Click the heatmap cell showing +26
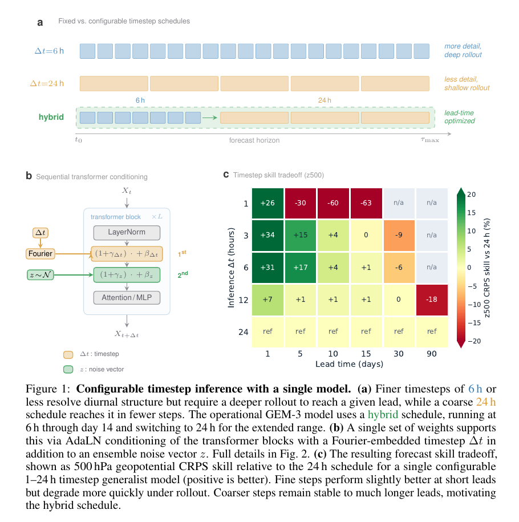(x=267, y=203)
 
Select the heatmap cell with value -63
(x=366, y=203)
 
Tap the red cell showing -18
(x=431, y=300)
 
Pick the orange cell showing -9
(x=399, y=235)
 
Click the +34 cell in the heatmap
(x=267, y=235)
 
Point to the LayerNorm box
(x=127, y=232)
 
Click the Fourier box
(x=40, y=254)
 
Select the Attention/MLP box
(x=127, y=298)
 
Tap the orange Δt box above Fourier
(x=40, y=232)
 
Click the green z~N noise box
(x=40, y=275)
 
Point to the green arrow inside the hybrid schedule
(x=210, y=118)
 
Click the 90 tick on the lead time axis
(x=431, y=354)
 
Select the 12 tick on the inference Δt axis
(x=244, y=300)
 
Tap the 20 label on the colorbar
(x=472, y=195)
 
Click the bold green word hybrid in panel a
(x=51, y=117)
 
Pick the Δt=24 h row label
(x=47, y=83)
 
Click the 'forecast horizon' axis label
(x=254, y=140)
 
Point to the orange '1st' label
(x=182, y=254)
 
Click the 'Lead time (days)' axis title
(x=349, y=364)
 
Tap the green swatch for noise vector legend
(x=68, y=369)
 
